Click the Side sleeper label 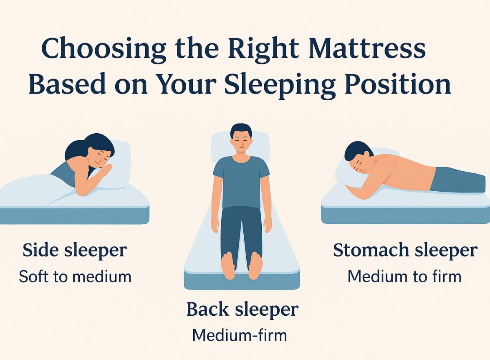75,250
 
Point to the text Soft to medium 75,276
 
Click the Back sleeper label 242,310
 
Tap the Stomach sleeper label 405,250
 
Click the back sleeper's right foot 228,266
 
